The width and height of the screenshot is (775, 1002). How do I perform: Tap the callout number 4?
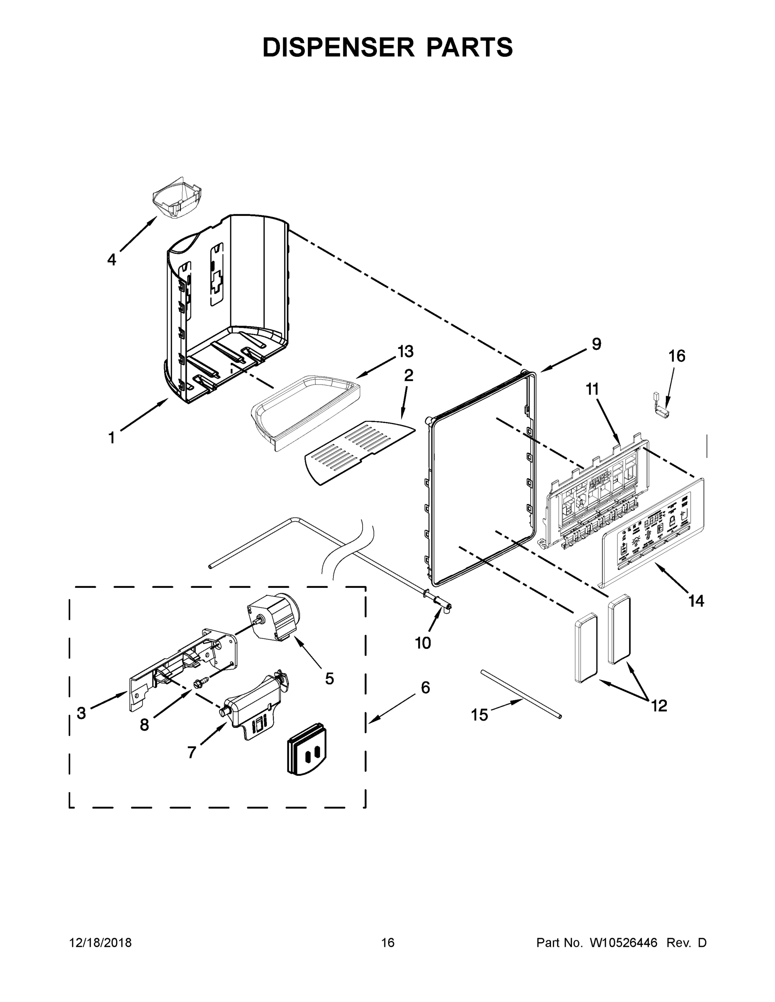(112, 260)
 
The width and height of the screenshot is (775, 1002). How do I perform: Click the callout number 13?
(405, 352)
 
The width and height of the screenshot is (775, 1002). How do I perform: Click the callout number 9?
(596, 344)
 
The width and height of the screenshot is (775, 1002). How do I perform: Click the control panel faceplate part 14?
(652, 532)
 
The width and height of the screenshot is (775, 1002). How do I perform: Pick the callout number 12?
(659, 706)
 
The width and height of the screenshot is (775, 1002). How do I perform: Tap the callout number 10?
(423, 643)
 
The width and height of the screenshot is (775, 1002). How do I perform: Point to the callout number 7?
(192, 752)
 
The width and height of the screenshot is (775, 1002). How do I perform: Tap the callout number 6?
(425, 701)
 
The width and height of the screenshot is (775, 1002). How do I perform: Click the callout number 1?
(112, 438)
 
